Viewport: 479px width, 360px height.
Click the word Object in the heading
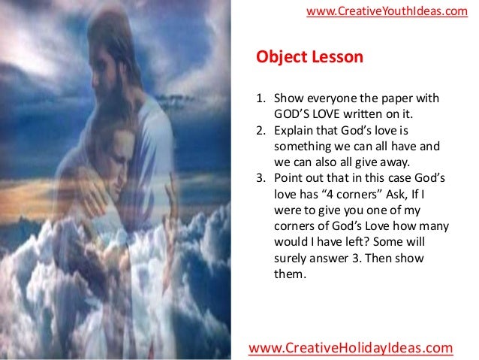279,58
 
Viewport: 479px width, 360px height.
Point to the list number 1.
261,99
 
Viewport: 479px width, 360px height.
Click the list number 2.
261,131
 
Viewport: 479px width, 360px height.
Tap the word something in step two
302,147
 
